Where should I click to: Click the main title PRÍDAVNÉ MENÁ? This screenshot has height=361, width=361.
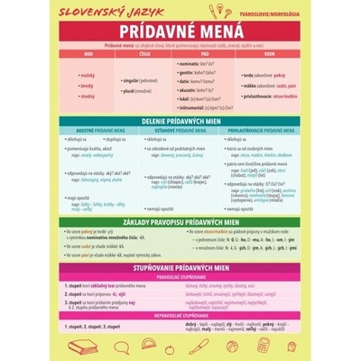tap(180, 31)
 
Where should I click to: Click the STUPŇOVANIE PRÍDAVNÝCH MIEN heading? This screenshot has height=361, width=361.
tap(180, 267)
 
